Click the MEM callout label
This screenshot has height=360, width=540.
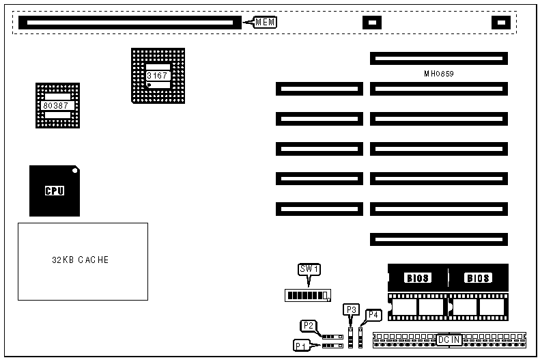[x=266, y=23]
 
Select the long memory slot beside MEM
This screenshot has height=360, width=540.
[x=130, y=23]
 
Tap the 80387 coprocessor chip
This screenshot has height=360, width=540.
[x=57, y=106]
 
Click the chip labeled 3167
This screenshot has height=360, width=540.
[x=157, y=75]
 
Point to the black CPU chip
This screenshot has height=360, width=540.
[x=55, y=191]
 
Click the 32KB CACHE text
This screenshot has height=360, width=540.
[x=81, y=260]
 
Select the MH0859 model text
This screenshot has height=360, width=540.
[x=439, y=72]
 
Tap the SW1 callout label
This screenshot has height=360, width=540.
[x=309, y=269]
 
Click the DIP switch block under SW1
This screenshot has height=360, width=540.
[x=308, y=296]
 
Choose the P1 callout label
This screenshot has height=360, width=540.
[x=302, y=346]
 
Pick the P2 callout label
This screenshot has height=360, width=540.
[x=308, y=326]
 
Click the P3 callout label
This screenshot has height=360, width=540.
[x=352, y=309]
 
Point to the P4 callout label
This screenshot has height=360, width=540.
[x=373, y=315]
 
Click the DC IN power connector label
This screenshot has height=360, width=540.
[x=449, y=340]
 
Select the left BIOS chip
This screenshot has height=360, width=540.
[x=418, y=278]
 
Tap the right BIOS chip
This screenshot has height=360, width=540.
[x=478, y=278]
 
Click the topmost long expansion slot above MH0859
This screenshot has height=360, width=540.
[x=439, y=59]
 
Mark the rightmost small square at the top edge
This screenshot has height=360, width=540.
[x=502, y=23]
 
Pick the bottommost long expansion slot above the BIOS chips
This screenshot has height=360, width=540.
[x=439, y=239]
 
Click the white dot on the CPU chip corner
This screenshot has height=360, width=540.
[x=74, y=169]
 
